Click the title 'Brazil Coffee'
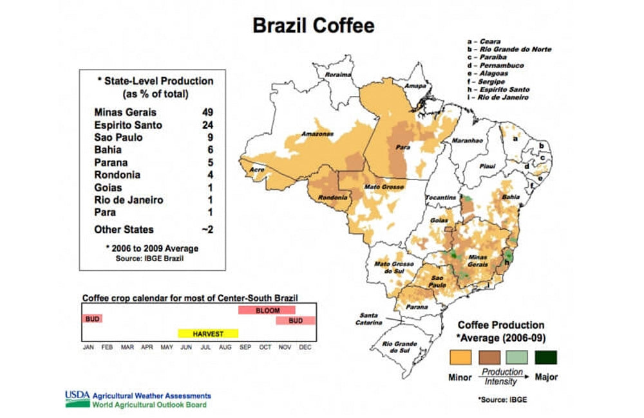313,26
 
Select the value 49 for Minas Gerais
208,113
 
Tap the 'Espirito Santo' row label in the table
128,125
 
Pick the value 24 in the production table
208,125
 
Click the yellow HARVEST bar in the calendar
208,334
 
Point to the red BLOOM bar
266,310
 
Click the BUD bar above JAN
92,319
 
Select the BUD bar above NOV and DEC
296,320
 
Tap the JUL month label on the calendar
205,347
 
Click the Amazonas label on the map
317,134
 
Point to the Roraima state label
339,75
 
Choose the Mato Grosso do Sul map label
388,268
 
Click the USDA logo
77,399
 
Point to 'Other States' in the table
124,230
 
